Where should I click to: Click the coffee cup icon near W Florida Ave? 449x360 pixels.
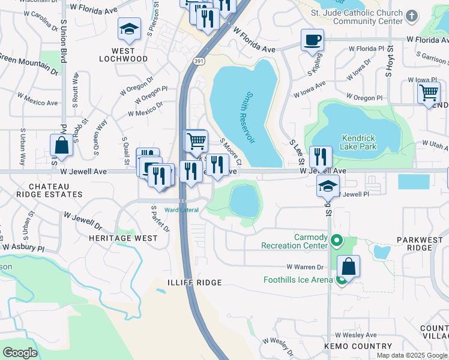pos(312,40)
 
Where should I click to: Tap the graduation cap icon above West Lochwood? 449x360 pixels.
pos(128,29)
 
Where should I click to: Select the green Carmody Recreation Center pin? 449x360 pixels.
pos(336,242)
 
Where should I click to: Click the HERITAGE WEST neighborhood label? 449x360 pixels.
pos(123,238)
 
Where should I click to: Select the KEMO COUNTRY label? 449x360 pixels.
pos(358,346)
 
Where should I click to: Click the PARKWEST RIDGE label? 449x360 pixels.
pos(423,244)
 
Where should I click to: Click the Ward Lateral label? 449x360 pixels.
pos(181,209)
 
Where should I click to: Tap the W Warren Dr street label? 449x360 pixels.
pos(305,266)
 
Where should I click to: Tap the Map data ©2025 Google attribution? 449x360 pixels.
pos(411,355)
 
